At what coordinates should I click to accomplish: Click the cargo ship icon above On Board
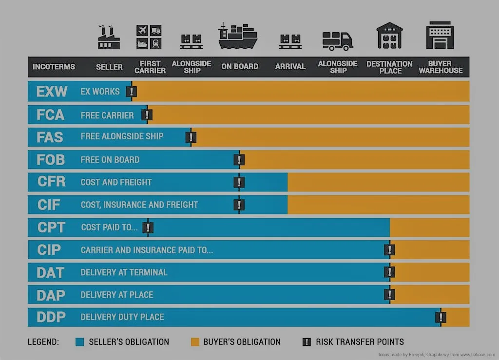pyautogui.click(x=237, y=36)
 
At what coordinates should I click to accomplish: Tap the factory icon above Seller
pyautogui.click(x=109, y=38)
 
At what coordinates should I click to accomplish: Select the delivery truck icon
pyautogui.click(x=337, y=40)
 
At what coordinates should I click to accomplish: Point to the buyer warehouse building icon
pyautogui.click(x=440, y=35)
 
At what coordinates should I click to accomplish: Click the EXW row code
pyautogui.click(x=52, y=92)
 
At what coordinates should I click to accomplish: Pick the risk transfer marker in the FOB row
pyautogui.click(x=239, y=160)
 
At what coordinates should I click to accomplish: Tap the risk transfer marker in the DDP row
pyautogui.click(x=441, y=317)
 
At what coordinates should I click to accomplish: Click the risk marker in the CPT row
pyautogui.click(x=148, y=227)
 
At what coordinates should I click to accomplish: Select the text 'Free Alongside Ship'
pyautogui.click(x=122, y=136)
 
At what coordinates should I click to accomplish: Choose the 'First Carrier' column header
pyautogui.click(x=150, y=67)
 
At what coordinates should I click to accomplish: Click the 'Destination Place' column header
pyautogui.click(x=389, y=67)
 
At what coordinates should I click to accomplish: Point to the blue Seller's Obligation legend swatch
pyautogui.click(x=80, y=342)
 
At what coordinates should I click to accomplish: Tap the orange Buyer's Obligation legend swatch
pyautogui.click(x=195, y=342)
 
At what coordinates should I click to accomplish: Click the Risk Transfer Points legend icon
pyautogui.click(x=307, y=342)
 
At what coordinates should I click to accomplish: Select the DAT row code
pyautogui.click(x=51, y=272)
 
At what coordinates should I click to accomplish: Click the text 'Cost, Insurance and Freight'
pyautogui.click(x=139, y=205)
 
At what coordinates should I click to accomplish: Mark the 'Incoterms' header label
pyautogui.click(x=54, y=67)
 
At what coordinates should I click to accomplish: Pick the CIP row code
pyautogui.click(x=49, y=250)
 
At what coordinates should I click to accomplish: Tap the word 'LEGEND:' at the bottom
pyautogui.click(x=43, y=342)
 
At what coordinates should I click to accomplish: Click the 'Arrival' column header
pyautogui.click(x=290, y=67)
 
